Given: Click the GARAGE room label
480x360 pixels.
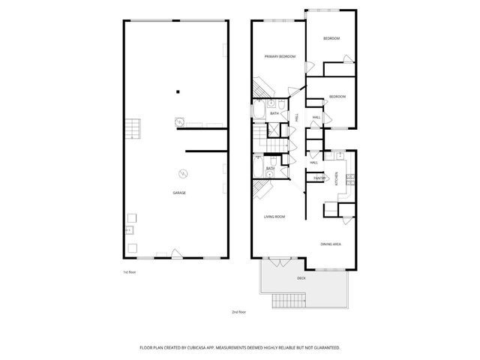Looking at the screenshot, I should [x=178, y=193].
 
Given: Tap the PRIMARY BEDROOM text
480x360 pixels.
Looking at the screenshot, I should [x=279, y=57].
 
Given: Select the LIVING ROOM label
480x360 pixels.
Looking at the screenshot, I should [x=274, y=217].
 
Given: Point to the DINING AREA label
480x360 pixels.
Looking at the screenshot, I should [x=331, y=244].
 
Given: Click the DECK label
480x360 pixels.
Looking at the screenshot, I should [x=301, y=278].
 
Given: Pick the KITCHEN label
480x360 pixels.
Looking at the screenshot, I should [x=337, y=179].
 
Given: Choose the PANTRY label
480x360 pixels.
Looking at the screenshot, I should [x=319, y=178].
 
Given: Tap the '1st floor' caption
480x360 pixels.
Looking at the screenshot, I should [x=129, y=272].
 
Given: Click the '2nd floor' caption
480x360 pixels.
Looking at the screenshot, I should [x=238, y=310].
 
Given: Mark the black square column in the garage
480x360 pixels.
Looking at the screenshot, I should [x=178, y=92].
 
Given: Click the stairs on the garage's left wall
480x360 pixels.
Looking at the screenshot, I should [x=133, y=128].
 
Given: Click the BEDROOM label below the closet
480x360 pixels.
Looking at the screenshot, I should [x=337, y=97].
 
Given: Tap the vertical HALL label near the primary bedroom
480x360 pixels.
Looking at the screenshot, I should [x=297, y=118].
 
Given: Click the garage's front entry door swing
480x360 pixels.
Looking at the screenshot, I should [x=175, y=253].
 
